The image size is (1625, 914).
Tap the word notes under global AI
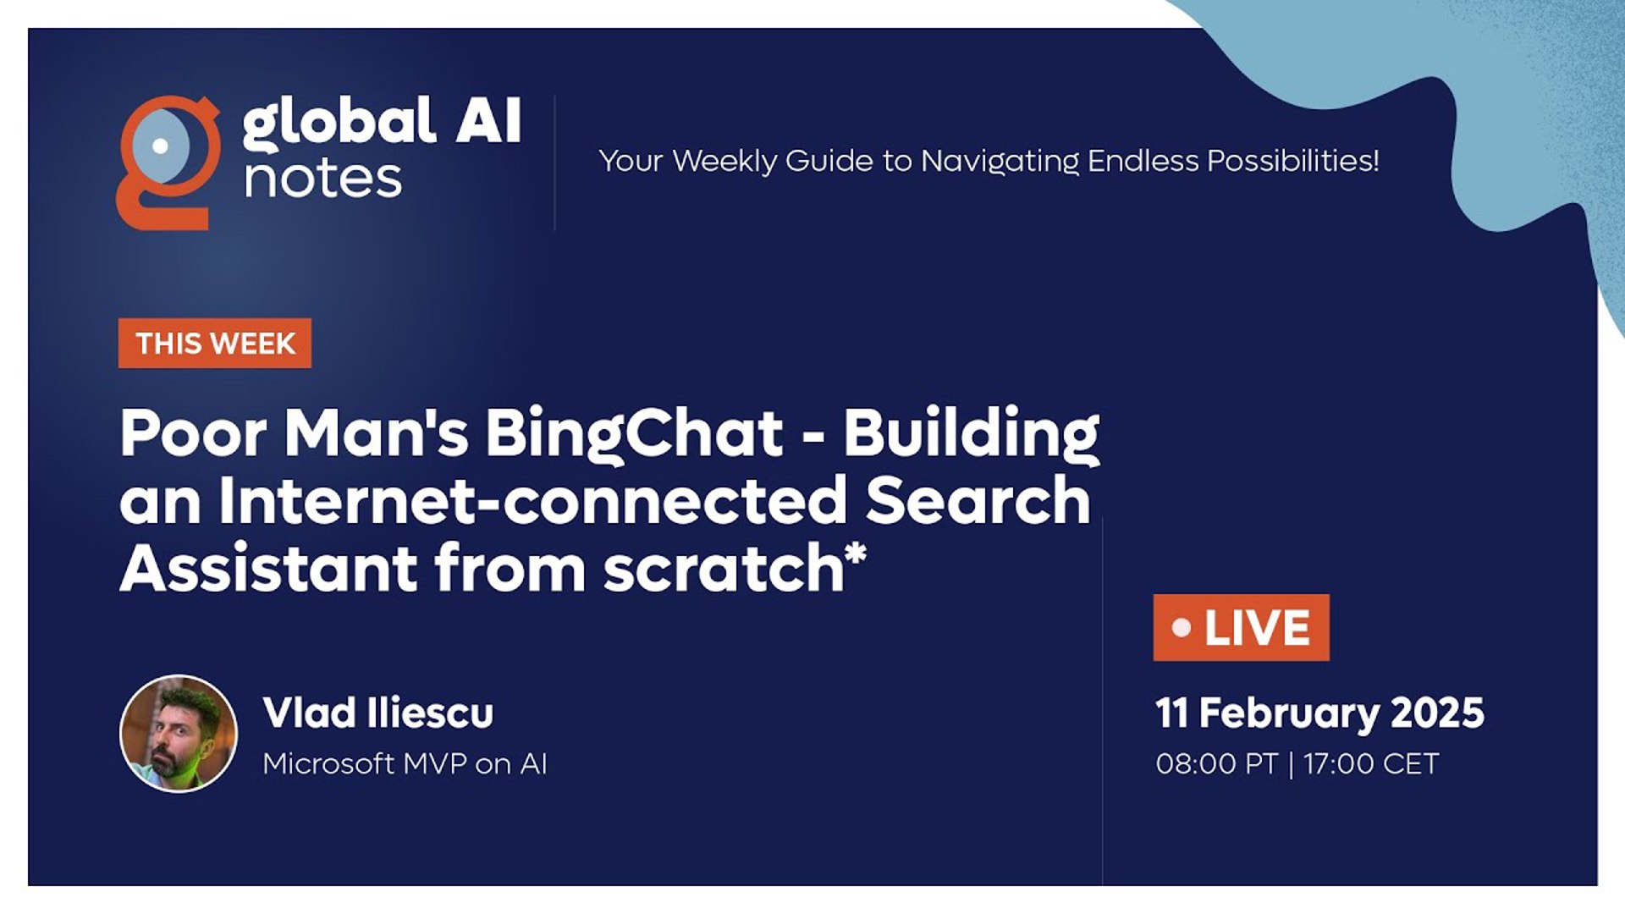pos(322,179)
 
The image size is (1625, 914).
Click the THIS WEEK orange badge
pos(215,344)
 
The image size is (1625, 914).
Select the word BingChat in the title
pos(634,435)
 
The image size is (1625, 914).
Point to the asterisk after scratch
pos(856,555)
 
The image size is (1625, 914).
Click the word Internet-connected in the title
pos(532,500)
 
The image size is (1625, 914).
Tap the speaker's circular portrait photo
pos(179,734)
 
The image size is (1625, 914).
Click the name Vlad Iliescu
pos(378,713)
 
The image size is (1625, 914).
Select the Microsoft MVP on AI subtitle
pos(405,763)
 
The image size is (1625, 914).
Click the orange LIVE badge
pos(1241,628)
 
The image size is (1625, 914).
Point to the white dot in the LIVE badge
pos(1182,628)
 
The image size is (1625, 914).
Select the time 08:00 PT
pos(1216,764)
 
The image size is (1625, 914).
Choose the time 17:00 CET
pos(1371,764)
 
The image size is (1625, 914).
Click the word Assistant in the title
pos(269,568)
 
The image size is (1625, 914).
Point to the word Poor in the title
pos(194,434)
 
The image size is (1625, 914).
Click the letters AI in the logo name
pos(488,121)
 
